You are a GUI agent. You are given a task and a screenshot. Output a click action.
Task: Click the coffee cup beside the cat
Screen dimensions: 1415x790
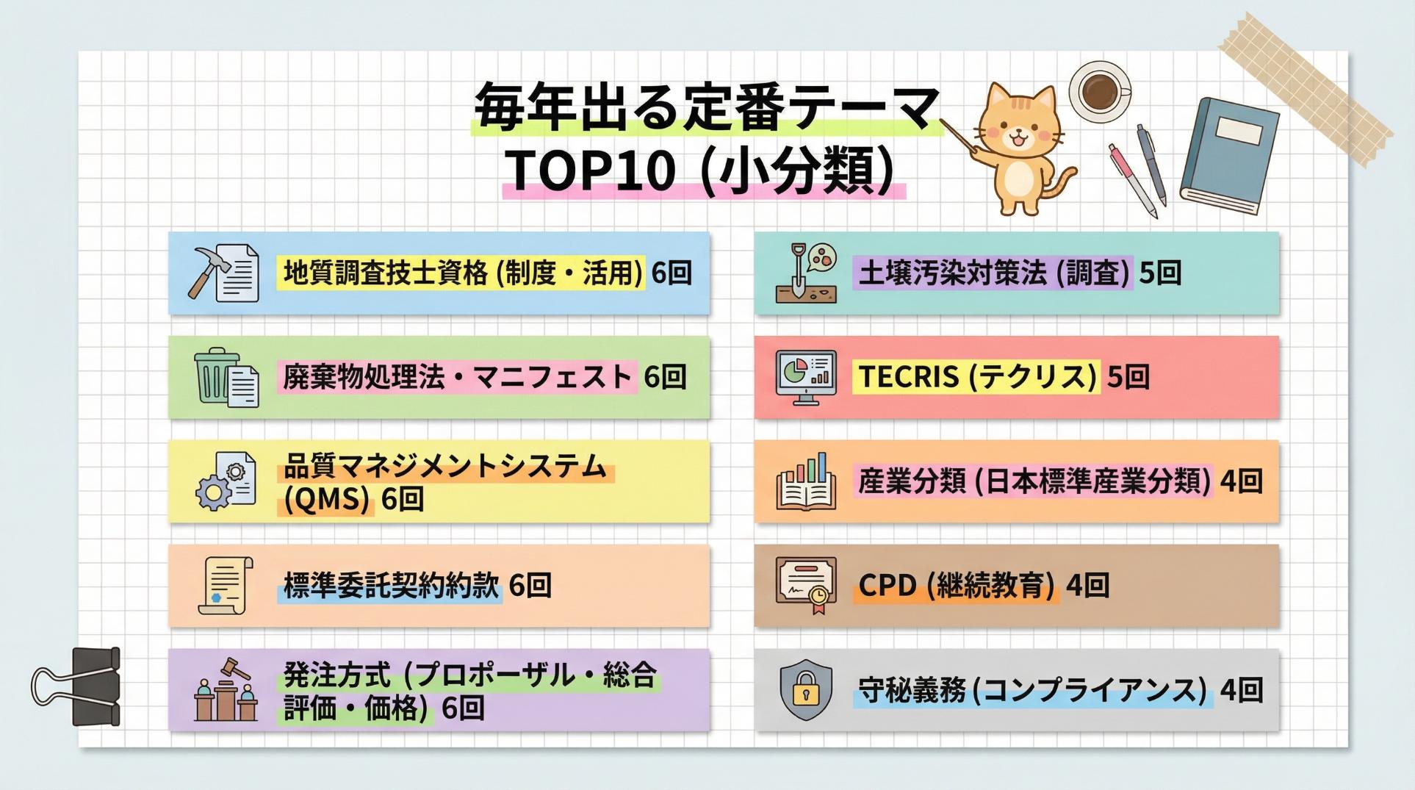pyautogui.click(x=1100, y=89)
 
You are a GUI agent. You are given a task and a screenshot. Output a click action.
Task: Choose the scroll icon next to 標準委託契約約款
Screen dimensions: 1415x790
pyautogui.click(x=225, y=586)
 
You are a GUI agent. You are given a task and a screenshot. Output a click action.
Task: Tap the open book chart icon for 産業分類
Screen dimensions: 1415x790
pyautogui.click(x=806, y=481)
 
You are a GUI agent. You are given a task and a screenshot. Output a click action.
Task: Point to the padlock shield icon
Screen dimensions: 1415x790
pyautogui.click(x=806, y=689)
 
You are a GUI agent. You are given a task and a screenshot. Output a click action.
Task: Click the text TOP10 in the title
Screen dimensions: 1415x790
pyautogui.click(x=589, y=170)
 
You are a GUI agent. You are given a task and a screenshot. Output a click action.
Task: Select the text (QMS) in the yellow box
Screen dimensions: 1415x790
pyautogui.click(x=326, y=500)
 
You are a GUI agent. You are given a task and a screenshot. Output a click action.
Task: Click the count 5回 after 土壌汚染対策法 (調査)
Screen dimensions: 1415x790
pyautogui.click(x=1160, y=273)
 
